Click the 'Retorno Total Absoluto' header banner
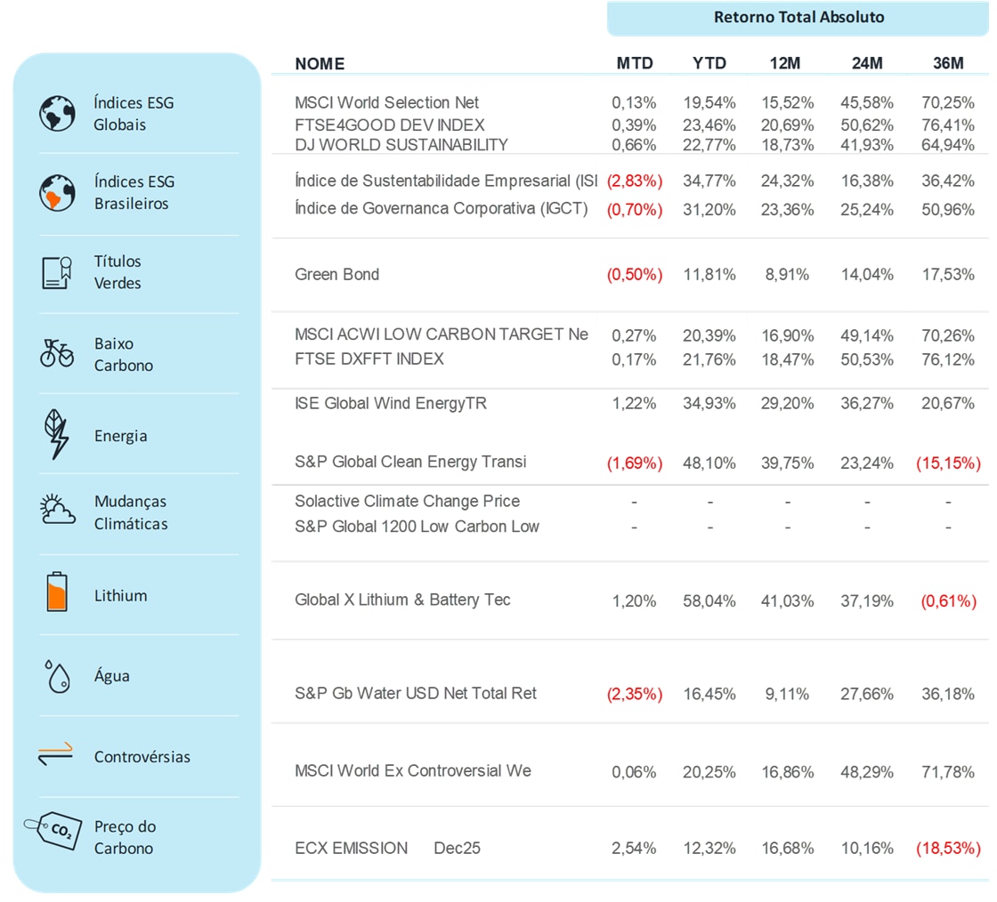[798, 18]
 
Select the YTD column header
[709, 63]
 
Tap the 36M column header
[948, 63]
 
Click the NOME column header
[320, 64]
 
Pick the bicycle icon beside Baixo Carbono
[57, 353]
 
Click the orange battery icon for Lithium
[56, 592]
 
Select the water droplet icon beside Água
[57, 675]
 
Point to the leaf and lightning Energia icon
[57, 434]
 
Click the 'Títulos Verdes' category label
[118, 272]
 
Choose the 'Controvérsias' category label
[142, 757]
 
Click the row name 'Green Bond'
[336, 274]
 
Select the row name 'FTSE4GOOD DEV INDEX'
[390, 125]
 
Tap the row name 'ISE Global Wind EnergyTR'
[391, 403]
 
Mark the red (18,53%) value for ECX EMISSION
[948, 849]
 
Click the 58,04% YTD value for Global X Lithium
[709, 601]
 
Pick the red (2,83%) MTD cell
[635, 181]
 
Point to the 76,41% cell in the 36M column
[948, 125]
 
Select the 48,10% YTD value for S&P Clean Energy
[709, 463]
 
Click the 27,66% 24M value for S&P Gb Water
[867, 694]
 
